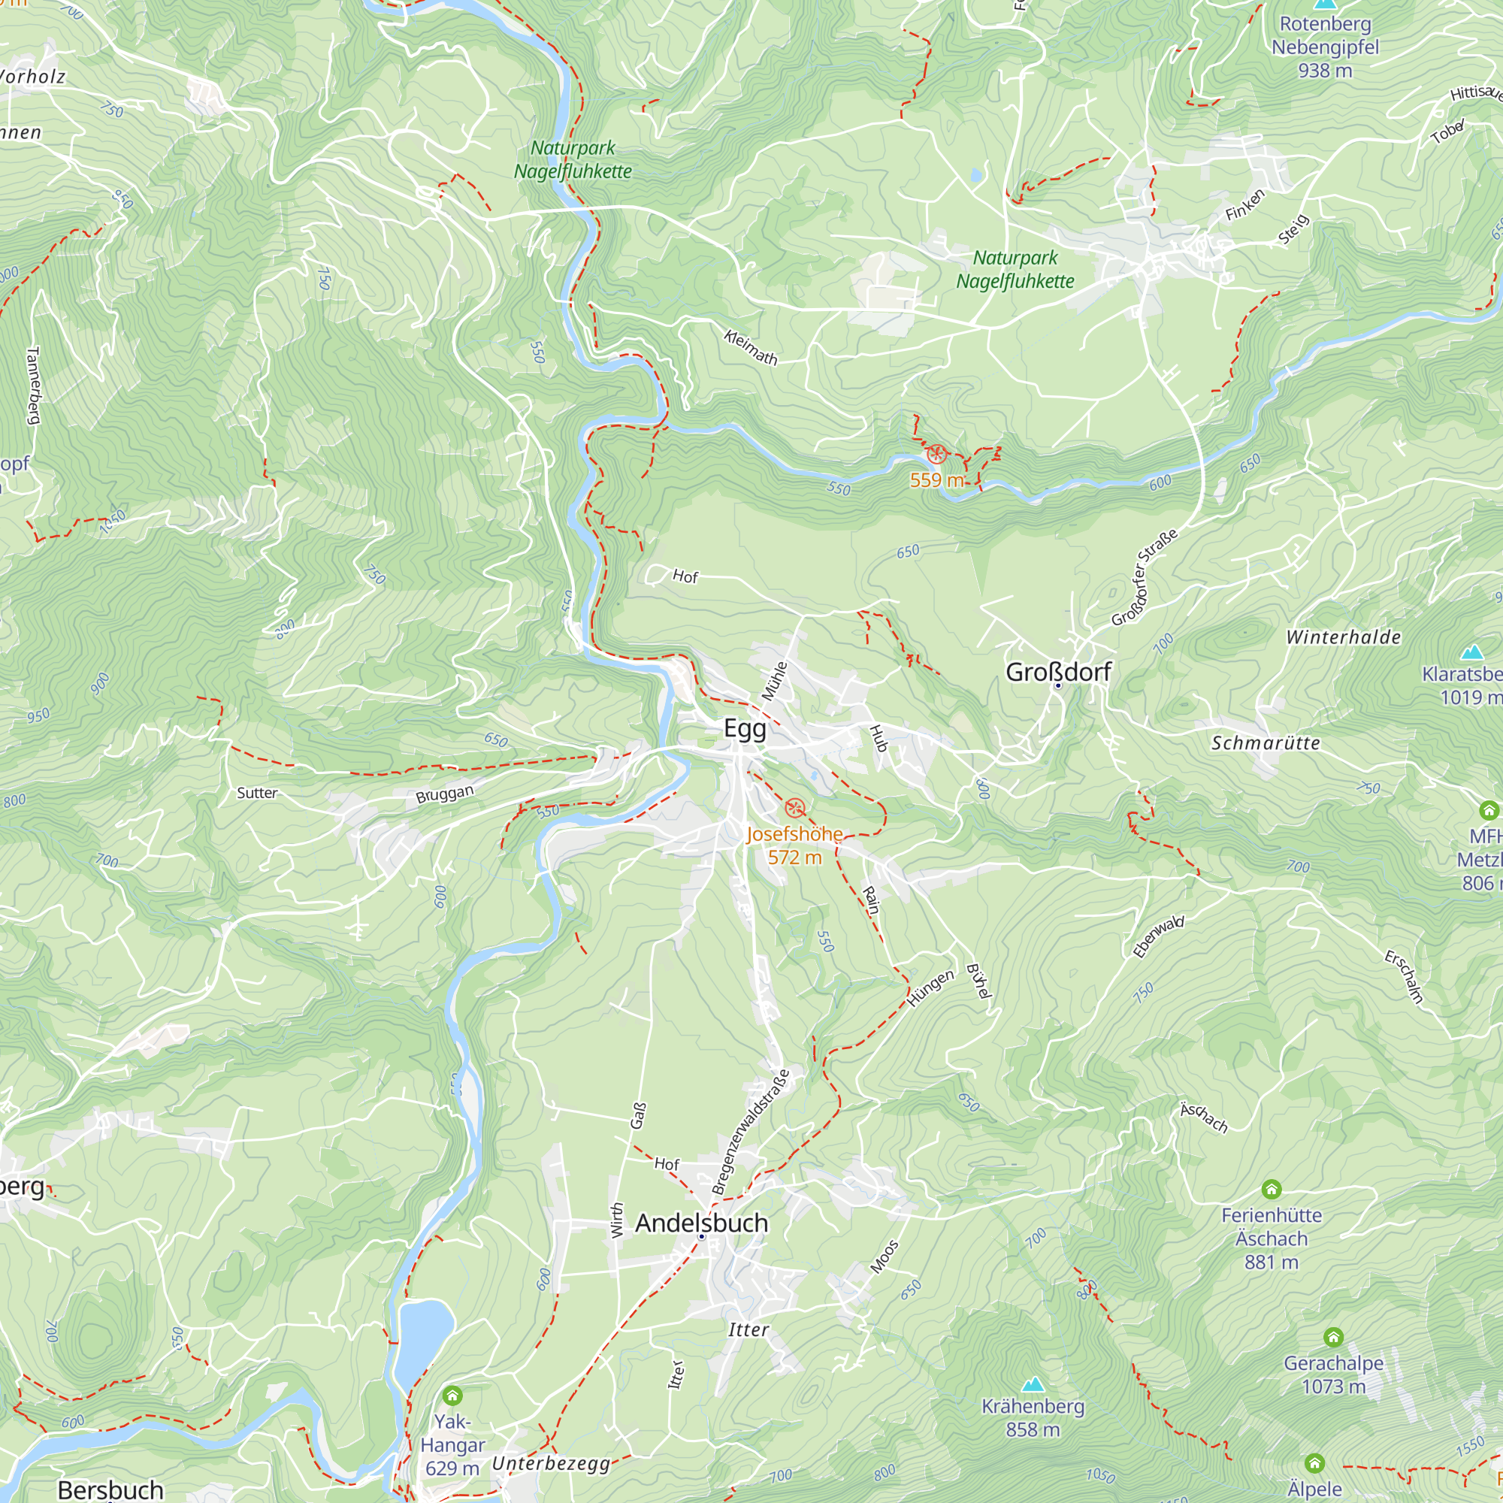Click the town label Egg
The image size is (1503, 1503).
point(745,728)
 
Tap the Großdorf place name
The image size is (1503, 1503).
point(1058,671)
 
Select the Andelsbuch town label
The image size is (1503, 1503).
point(701,1223)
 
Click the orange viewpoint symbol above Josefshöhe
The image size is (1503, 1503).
point(794,808)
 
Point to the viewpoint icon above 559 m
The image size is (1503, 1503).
point(936,455)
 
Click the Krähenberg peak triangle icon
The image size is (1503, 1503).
point(1033,1384)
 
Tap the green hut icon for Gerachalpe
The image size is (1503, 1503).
point(1333,1338)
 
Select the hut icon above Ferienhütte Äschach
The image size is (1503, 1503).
point(1272,1190)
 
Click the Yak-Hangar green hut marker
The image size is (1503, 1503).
point(452,1396)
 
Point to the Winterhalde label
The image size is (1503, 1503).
point(1343,637)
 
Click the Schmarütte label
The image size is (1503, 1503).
point(1266,743)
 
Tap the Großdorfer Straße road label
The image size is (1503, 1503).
point(1144,576)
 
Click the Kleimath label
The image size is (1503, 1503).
point(750,348)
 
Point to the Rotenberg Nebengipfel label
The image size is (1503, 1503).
point(1325,47)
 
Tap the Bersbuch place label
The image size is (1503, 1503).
point(110,1489)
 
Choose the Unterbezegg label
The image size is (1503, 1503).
point(551,1463)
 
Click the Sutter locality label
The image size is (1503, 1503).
point(257,793)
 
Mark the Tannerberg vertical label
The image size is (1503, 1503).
point(32,385)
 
